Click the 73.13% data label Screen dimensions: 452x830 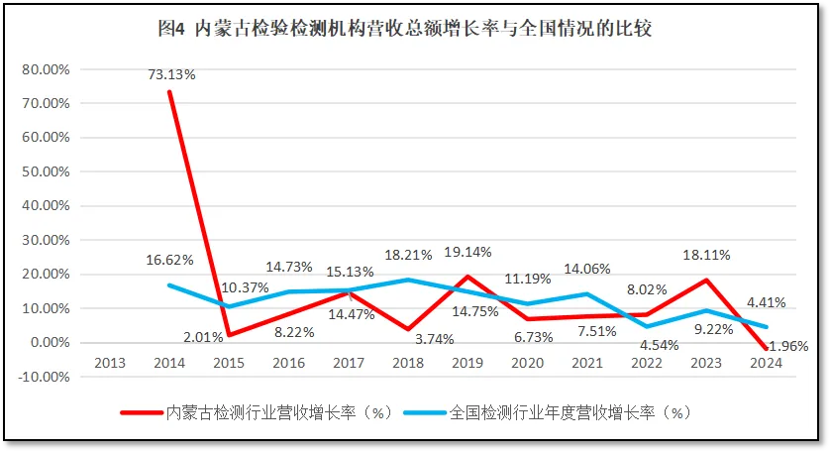[173, 73]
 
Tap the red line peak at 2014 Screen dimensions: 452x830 [169, 92]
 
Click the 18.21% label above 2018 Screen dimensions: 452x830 [407, 255]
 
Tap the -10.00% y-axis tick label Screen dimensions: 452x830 [45, 377]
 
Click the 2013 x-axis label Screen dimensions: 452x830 [110, 363]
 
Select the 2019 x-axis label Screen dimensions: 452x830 [467, 363]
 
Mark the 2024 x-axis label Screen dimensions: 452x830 [766, 363]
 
